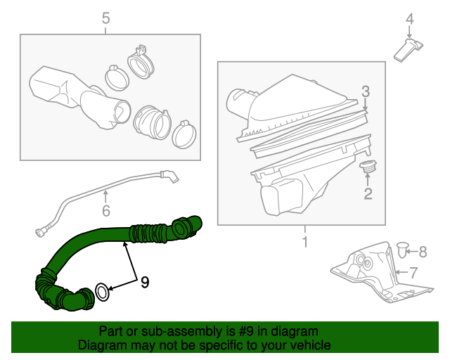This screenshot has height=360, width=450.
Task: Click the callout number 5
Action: pos(105,18)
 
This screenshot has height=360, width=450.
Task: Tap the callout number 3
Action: pos(366,91)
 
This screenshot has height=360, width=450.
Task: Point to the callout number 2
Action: pos(367,193)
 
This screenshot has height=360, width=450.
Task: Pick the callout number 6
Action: pos(105,210)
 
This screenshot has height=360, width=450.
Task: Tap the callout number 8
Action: pos(423,250)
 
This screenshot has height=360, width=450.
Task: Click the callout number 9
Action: pos(144,282)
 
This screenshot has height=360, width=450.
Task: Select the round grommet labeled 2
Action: pos(366,168)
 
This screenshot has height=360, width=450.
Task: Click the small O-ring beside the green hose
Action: pos(103,291)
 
